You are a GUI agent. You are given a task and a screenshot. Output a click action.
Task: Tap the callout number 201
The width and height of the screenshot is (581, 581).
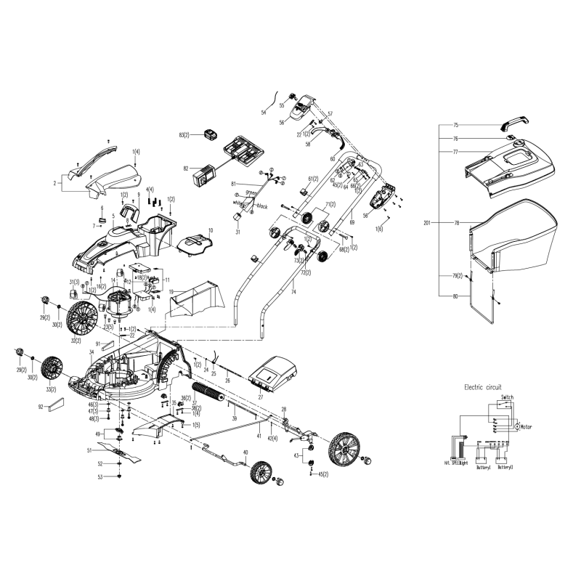click(x=426, y=222)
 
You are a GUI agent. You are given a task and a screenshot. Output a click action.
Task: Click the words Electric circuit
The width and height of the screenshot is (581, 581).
click(x=483, y=388)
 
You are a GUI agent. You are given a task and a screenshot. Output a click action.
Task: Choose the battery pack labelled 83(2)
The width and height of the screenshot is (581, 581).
click(x=211, y=135)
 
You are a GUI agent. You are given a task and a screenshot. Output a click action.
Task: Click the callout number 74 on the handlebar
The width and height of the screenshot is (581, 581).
click(x=293, y=291)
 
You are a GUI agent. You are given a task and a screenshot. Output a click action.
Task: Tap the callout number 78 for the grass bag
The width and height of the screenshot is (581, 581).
click(x=457, y=222)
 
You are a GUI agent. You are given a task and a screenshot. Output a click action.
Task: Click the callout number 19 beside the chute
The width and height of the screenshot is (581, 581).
click(x=172, y=291)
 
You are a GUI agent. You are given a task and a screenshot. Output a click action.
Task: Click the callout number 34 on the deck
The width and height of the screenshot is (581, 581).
click(x=92, y=352)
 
